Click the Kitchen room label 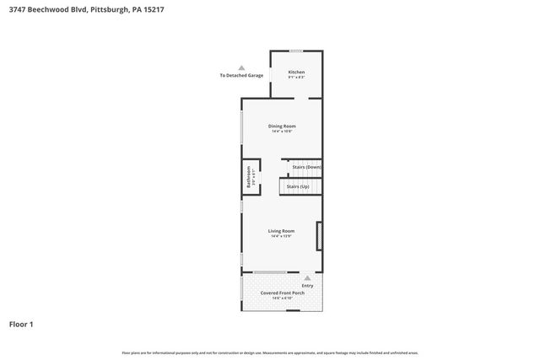pyautogui.click(x=296, y=72)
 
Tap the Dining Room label pyautogui.click(x=283, y=126)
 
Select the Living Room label pyautogui.click(x=281, y=230)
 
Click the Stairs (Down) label pyautogui.click(x=306, y=167)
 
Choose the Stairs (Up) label pyautogui.click(x=298, y=186)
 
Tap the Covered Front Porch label pyautogui.click(x=282, y=293)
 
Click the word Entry pyautogui.click(x=307, y=285)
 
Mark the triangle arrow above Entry pyautogui.click(x=307, y=277)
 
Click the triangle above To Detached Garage pyautogui.click(x=241, y=67)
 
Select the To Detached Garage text pyautogui.click(x=241, y=76)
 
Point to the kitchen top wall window pyautogui.click(x=296, y=51)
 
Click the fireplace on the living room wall pyautogui.click(x=319, y=235)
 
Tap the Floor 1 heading pyautogui.click(x=21, y=324)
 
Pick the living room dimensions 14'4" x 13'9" pyautogui.click(x=281, y=236)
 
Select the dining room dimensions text pyautogui.click(x=283, y=132)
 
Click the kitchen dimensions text pyautogui.click(x=296, y=78)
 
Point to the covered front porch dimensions pyautogui.click(x=282, y=298)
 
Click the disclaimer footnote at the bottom pyautogui.click(x=270, y=352)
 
